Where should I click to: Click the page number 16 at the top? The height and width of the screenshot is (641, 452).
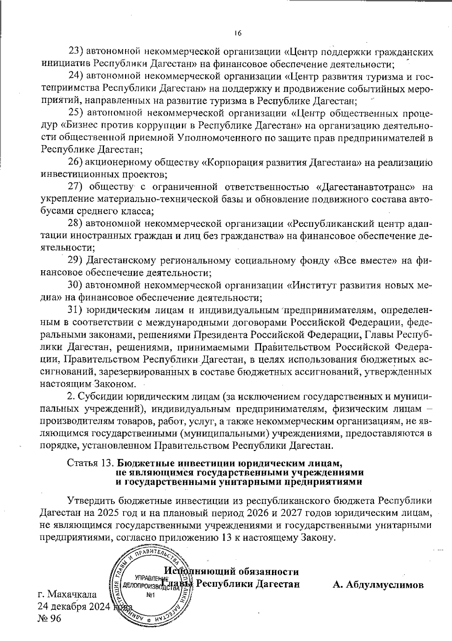tap(237, 33)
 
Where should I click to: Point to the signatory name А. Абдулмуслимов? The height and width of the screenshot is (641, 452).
tap(378, 585)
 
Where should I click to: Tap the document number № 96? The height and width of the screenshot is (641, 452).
tap(49, 618)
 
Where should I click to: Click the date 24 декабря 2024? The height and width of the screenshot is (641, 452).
tap(74, 607)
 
